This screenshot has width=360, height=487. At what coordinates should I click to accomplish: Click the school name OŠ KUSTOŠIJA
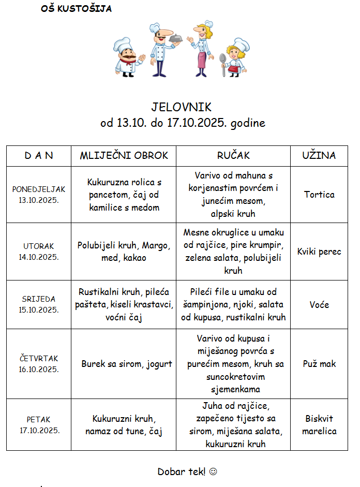click(76, 9)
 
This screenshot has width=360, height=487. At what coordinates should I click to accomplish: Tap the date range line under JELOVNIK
click(183, 123)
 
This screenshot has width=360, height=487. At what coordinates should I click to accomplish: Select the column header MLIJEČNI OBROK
click(124, 155)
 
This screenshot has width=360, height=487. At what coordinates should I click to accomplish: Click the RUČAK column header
click(233, 155)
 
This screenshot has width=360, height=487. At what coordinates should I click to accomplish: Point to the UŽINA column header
click(319, 155)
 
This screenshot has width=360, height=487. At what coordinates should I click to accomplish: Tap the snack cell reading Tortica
click(319, 195)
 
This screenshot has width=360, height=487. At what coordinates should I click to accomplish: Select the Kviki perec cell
click(319, 252)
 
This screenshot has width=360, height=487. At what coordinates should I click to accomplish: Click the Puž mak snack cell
click(319, 364)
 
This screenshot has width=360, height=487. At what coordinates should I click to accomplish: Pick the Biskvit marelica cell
click(319, 424)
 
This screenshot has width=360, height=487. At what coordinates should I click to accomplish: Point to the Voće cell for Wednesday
click(319, 305)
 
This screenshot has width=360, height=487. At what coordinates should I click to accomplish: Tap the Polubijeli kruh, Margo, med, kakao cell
click(124, 252)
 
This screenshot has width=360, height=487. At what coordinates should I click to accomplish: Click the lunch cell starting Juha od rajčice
click(233, 424)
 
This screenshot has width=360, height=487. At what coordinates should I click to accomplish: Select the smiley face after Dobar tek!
click(213, 471)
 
